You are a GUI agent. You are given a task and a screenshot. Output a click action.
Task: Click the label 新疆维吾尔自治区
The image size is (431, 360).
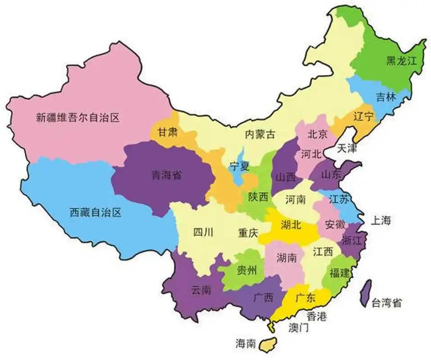(77, 118)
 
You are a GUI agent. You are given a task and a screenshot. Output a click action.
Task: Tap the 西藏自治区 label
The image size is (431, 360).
(95, 212)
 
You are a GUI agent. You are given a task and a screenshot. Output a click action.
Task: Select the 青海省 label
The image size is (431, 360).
(166, 175)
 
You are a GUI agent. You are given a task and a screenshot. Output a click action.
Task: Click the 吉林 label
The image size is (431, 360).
(386, 97)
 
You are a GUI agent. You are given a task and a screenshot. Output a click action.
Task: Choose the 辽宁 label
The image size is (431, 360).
(363, 117)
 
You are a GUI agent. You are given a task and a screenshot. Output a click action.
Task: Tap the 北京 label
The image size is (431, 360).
(317, 134)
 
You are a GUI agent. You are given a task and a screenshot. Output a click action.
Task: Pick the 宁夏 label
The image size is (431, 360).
(239, 166)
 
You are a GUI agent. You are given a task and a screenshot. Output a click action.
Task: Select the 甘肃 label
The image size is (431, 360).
(167, 132)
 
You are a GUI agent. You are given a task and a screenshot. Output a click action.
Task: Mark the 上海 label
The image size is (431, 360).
(381, 220)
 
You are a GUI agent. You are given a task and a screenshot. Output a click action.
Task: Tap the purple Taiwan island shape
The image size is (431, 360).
(367, 291)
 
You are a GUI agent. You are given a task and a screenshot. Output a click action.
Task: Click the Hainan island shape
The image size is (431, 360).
(269, 344)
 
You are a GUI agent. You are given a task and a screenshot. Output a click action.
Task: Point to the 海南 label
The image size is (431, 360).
(245, 343)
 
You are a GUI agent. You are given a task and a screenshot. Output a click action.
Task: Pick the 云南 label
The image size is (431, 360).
(201, 290)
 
